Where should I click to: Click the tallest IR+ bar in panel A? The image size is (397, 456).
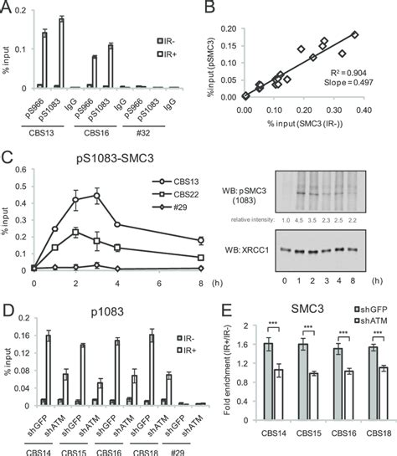click(85, 51)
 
